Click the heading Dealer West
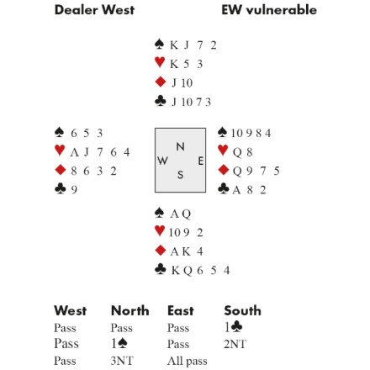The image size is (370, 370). (94, 10)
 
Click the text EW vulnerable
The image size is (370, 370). (269, 10)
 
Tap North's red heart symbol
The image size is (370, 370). (160, 62)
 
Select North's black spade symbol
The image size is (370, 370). (160, 44)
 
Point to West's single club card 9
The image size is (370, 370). (74, 190)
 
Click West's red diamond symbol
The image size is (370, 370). (61, 170)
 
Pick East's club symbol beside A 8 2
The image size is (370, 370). (223, 188)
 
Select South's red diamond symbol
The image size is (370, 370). (160, 250)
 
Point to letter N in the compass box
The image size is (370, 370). (180, 146)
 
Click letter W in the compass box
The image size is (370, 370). (162, 161)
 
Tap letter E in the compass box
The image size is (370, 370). (201, 161)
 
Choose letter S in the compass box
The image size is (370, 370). (180, 175)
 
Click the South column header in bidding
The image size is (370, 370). (242, 310)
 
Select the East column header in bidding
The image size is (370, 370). (181, 310)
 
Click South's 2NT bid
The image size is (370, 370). (235, 344)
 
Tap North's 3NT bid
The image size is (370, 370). (122, 361)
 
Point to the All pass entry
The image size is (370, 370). (188, 361)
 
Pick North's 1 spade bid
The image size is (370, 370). (119, 343)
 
